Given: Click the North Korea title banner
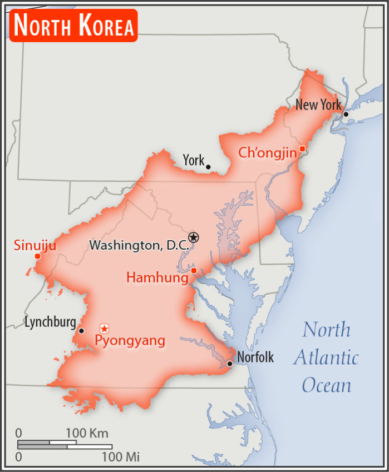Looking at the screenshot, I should [x=73, y=26].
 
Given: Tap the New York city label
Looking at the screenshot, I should [x=318, y=105].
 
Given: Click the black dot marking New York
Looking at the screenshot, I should [x=346, y=114].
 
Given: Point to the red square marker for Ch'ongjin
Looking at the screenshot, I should [x=302, y=148].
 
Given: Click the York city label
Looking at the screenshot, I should [x=193, y=161].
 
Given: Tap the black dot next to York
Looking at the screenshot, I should [x=208, y=167].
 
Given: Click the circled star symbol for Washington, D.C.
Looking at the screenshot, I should [x=193, y=237].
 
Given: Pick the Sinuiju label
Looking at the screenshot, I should [x=35, y=245].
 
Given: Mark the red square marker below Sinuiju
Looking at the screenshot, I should [x=38, y=256].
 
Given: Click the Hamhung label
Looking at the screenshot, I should [x=157, y=277].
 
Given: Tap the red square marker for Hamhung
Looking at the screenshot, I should [x=194, y=271].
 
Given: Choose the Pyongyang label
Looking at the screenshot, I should [x=130, y=340].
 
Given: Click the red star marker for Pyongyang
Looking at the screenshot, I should [x=104, y=329].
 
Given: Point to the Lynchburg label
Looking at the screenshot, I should [x=50, y=322].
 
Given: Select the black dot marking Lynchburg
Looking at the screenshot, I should [x=81, y=331].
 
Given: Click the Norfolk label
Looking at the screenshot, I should [x=255, y=357].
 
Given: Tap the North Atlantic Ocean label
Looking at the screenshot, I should [x=326, y=357].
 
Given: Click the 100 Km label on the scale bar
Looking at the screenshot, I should [x=87, y=433].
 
